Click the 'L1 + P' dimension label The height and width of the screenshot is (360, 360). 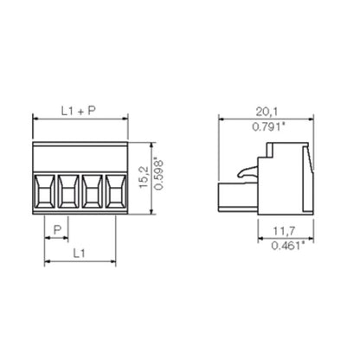[x=80, y=112]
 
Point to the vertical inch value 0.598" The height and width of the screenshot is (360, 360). [x=157, y=177]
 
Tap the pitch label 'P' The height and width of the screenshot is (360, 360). [x=57, y=228]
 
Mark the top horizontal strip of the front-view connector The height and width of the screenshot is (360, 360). [x=80, y=154]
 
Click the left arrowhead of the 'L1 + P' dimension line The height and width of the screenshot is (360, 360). [x=35, y=119]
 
